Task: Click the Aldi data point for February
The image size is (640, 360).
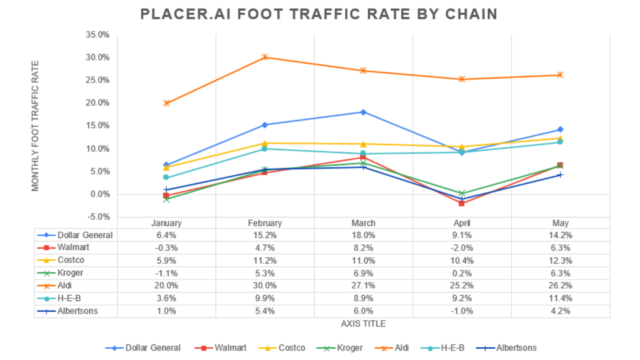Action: tap(265, 57)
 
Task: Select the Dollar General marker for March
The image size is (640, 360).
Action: tap(363, 112)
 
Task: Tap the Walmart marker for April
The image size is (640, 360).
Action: tap(461, 203)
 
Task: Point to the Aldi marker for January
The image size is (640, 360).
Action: tap(166, 103)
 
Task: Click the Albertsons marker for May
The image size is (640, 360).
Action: tap(560, 174)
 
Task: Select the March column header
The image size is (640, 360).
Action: tap(363, 223)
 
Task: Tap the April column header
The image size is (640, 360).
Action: tap(461, 223)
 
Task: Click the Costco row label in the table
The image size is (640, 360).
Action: tap(70, 260)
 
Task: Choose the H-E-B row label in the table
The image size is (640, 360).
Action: tap(69, 298)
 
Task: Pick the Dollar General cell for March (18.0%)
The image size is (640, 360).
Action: tap(363, 235)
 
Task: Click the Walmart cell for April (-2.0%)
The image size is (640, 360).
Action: tap(461, 247)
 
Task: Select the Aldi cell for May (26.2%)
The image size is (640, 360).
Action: tap(560, 285)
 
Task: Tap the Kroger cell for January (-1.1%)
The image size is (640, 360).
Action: tap(166, 273)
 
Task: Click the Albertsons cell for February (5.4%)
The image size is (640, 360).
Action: tap(265, 311)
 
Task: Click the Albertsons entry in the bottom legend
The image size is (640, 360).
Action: tap(515, 347)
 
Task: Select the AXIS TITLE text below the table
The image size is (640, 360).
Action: tap(363, 323)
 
